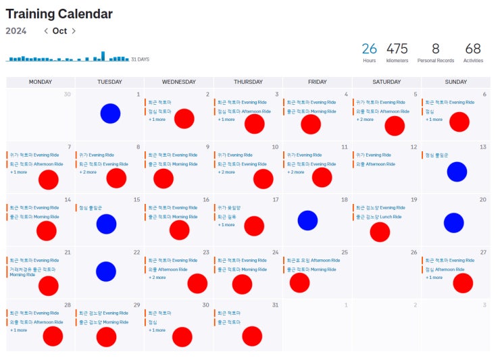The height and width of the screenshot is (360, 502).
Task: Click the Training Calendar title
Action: click(59, 14)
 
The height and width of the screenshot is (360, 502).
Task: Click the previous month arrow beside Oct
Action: click(46, 31)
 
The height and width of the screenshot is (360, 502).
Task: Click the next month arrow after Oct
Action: click(74, 31)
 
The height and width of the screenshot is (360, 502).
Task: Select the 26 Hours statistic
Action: click(369, 49)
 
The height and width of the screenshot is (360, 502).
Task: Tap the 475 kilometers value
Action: click(397, 49)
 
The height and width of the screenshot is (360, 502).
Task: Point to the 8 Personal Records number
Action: click(435, 49)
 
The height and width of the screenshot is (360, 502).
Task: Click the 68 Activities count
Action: click(473, 49)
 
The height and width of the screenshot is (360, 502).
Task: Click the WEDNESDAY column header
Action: click(179, 82)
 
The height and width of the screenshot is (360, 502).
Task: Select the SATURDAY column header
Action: click(386, 82)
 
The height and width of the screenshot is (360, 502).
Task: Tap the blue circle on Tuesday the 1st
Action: click(110, 113)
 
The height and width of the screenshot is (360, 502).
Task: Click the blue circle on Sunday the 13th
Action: click(457, 172)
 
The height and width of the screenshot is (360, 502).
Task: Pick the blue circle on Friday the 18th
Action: click(307, 220)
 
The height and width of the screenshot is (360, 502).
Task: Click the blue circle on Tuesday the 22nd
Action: click(105, 272)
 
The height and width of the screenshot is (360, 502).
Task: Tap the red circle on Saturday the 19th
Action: click(380, 232)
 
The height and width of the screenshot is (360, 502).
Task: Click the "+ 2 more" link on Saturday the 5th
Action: click(365, 120)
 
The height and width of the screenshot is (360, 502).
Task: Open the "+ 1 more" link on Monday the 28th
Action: click(18, 330)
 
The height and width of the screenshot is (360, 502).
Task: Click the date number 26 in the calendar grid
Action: click(413, 253)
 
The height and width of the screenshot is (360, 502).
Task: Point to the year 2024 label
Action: click(16, 31)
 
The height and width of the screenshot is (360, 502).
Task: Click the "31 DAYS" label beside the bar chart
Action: click(140, 59)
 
